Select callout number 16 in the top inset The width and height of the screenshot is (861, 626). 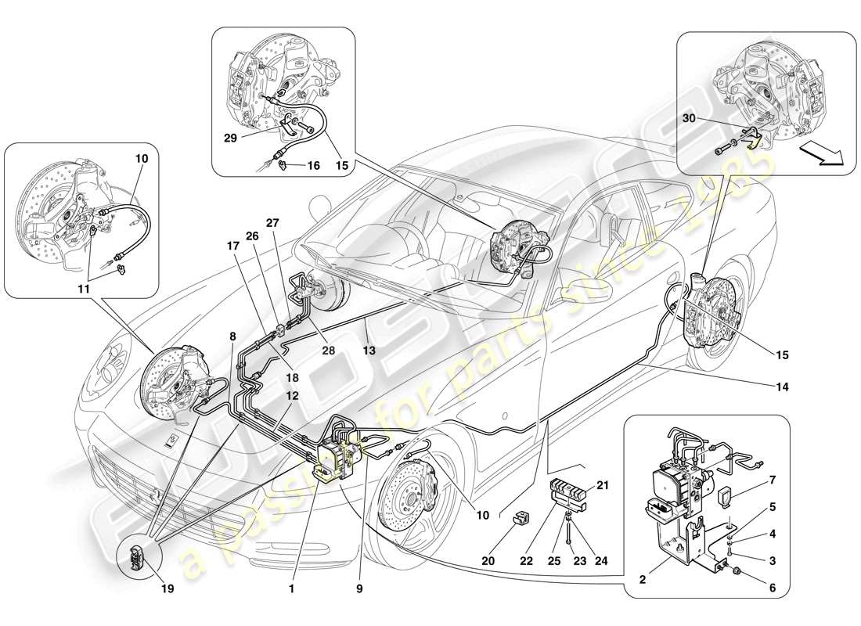point(313,165)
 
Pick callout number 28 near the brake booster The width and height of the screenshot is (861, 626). point(328,351)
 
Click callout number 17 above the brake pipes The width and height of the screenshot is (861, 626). point(232,245)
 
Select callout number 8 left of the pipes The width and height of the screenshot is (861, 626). point(232,336)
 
